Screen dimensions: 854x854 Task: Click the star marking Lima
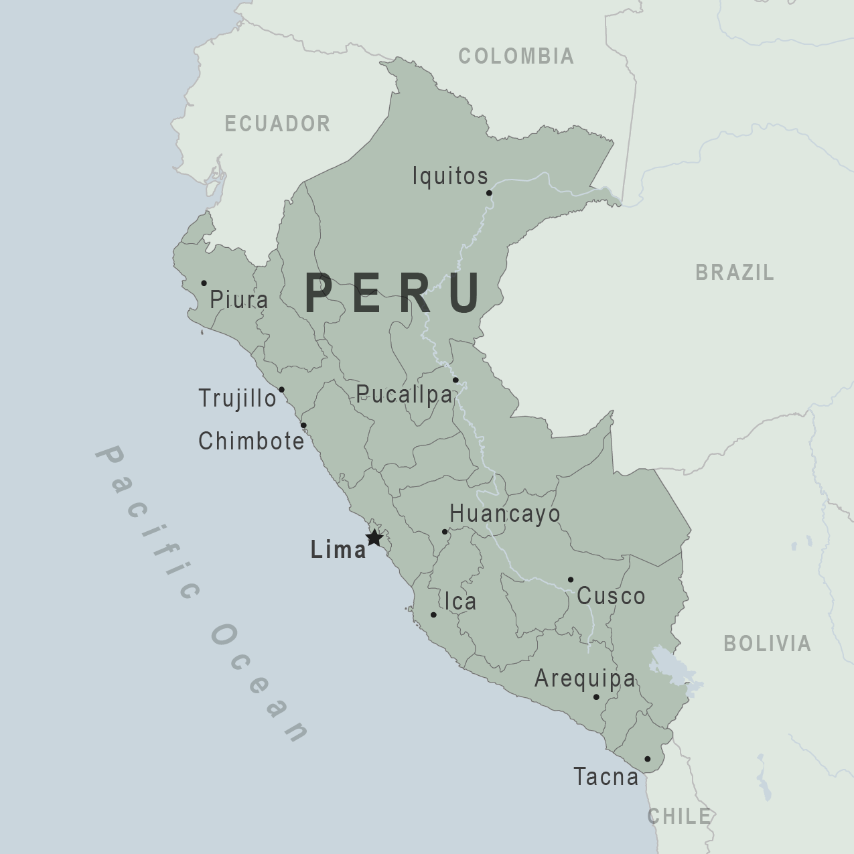click(x=374, y=538)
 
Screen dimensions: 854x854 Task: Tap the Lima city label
click(x=338, y=550)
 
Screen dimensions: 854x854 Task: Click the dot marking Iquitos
click(x=489, y=193)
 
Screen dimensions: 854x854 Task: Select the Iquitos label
click(x=450, y=176)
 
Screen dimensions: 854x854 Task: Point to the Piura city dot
click(x=204, y=283)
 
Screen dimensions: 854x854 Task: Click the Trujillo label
click(x=237, y=399)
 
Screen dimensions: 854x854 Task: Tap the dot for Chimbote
click(x=303, y=425)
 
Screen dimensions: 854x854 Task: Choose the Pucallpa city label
click(x=404, y=395)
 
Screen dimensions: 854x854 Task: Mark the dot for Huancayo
click(x=445, y=532)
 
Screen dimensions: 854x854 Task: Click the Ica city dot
click(x=433, y=615)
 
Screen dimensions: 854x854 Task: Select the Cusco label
click(x=611, y=596)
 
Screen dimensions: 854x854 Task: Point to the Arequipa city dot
click(x=596, y=697)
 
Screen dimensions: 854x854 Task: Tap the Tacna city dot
click(x=647, y=759)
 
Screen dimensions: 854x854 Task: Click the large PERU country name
click(x=393, y=293)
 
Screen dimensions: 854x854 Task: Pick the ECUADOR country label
click(x=277, y=124)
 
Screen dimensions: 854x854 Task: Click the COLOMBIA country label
click(x=516, y=56)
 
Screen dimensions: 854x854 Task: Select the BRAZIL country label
click(x=735, y=273)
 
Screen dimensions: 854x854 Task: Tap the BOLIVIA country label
click(x=767, y=644)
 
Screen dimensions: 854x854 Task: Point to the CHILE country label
click(x=679, y=816)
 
